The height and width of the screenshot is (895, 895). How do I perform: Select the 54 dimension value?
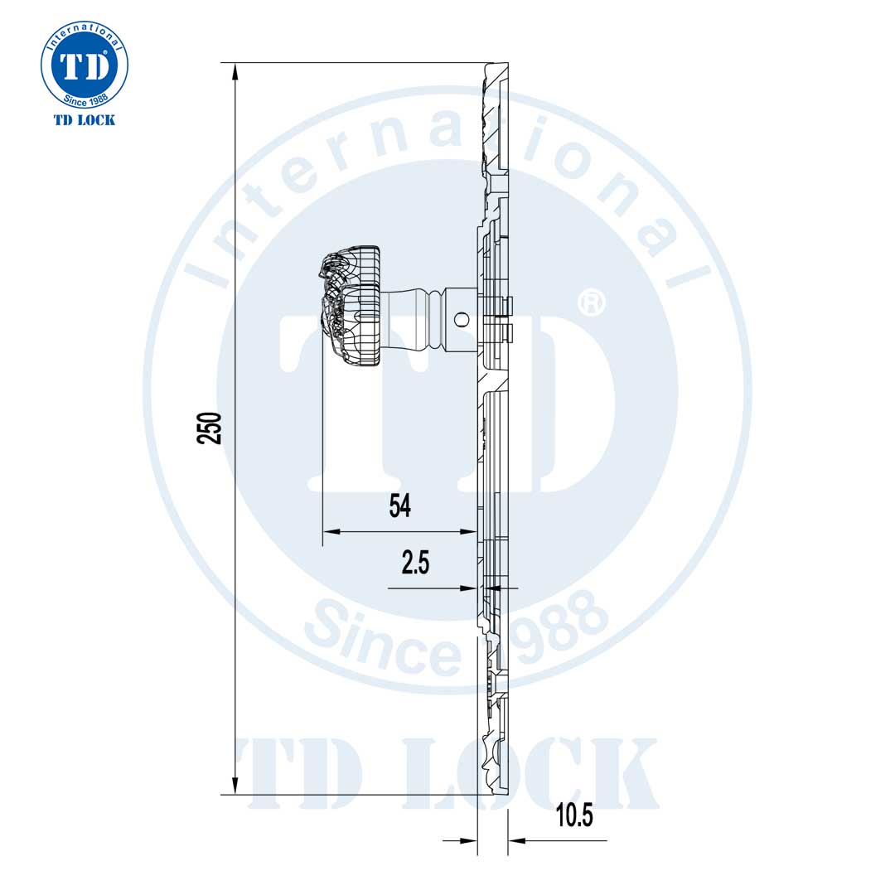[x=400, y=506]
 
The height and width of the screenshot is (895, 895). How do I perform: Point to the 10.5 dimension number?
[x=574, y=815]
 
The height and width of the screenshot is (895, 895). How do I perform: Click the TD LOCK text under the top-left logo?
[x=85, y=120]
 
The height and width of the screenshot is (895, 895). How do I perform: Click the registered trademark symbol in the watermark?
[x=590, y=302]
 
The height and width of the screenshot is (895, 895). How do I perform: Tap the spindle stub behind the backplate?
[x=507, y=319]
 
